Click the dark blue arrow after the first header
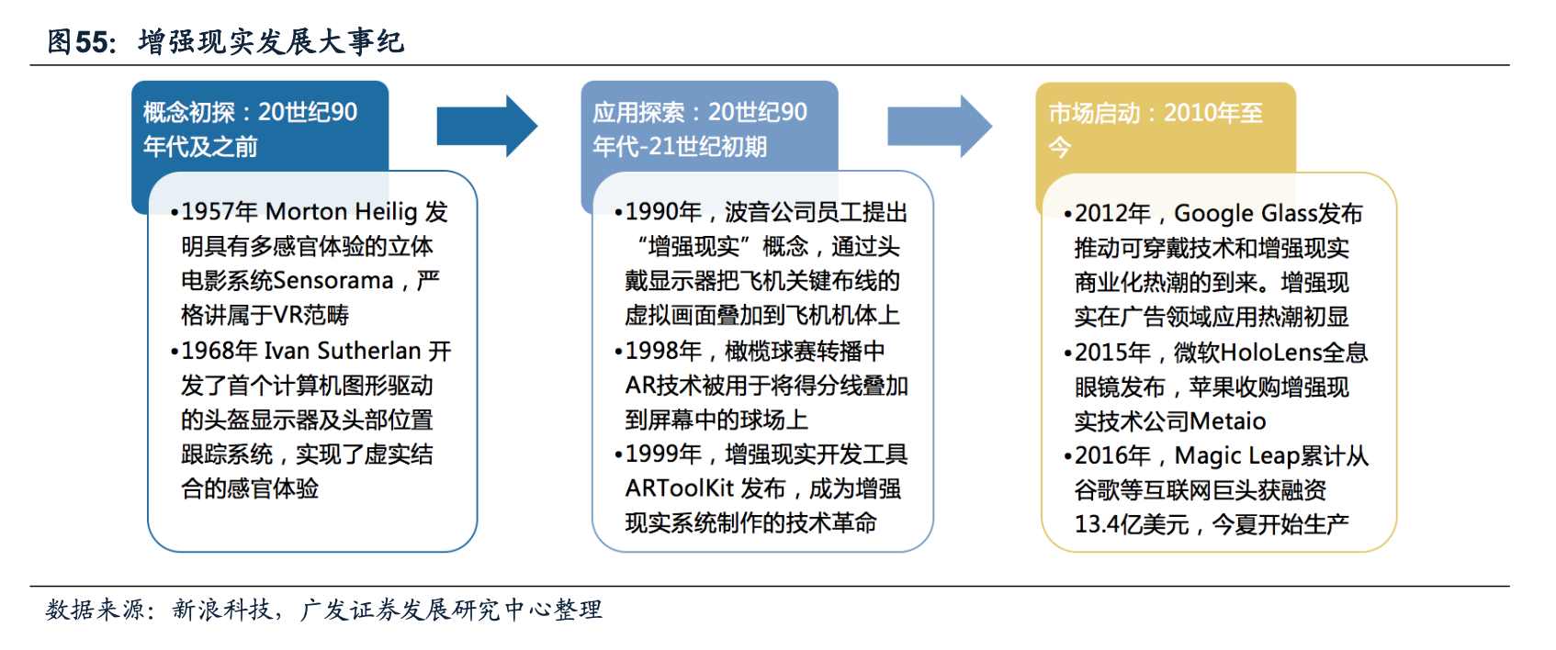(x=486, y=126)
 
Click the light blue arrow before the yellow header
(x=938, y=126)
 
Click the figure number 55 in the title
(x=92, y=42)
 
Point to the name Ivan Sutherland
(x=343, y=351)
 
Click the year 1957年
(x=219, y=212)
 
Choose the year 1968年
(x=219, y=351)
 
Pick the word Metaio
(x=1227, y=421)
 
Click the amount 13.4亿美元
(x=1132, y=525)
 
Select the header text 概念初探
(x=189, y=113)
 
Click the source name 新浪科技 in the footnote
(x=221, y=610)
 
